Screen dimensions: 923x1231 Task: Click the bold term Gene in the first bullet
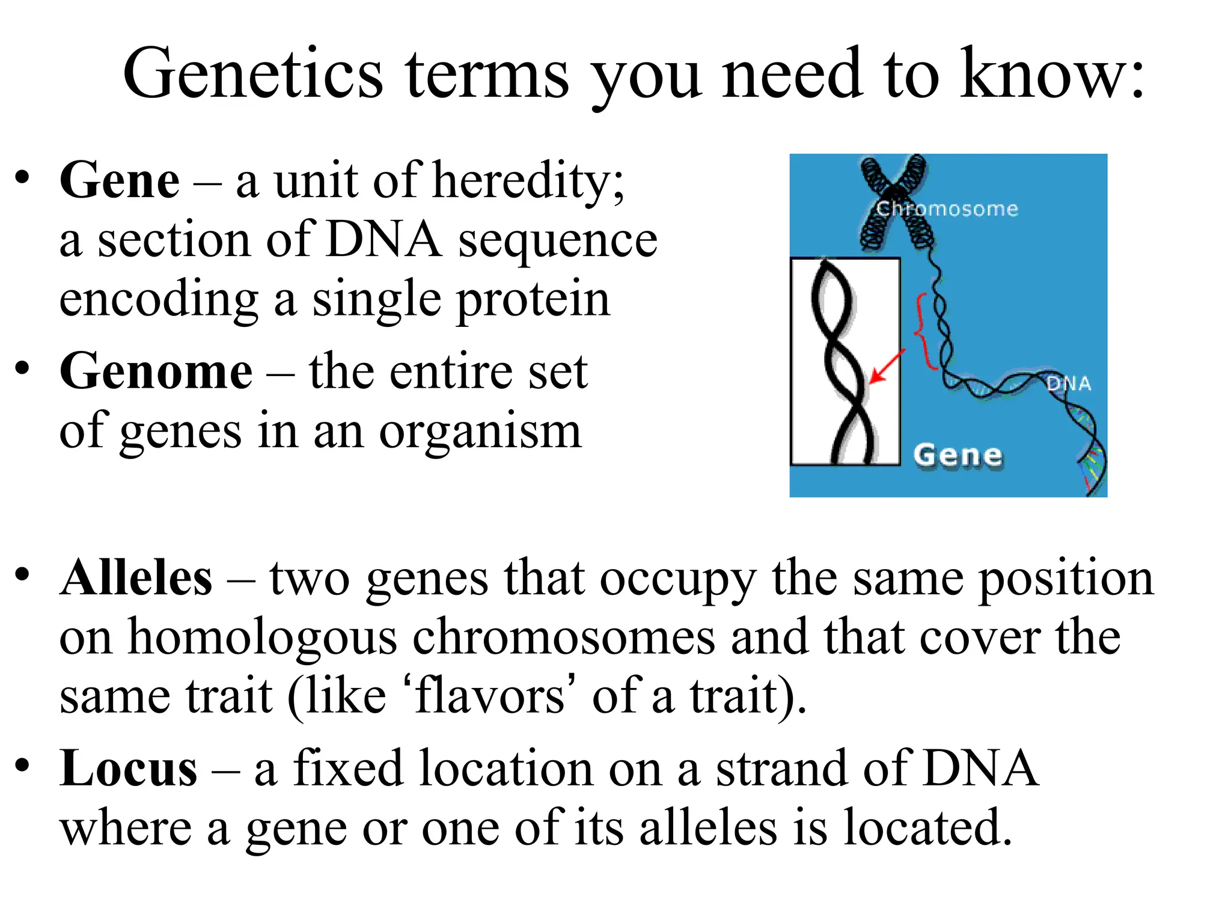click(119, 180)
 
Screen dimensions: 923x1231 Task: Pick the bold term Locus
click(128, 769)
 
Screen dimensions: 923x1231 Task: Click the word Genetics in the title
click(252, 75)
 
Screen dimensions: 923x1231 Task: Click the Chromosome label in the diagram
click(947, 209)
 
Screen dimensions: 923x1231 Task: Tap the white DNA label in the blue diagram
click(1069, 384)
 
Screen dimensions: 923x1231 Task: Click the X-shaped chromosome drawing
click(896, 201)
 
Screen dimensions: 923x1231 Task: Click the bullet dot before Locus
click(22, 766)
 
